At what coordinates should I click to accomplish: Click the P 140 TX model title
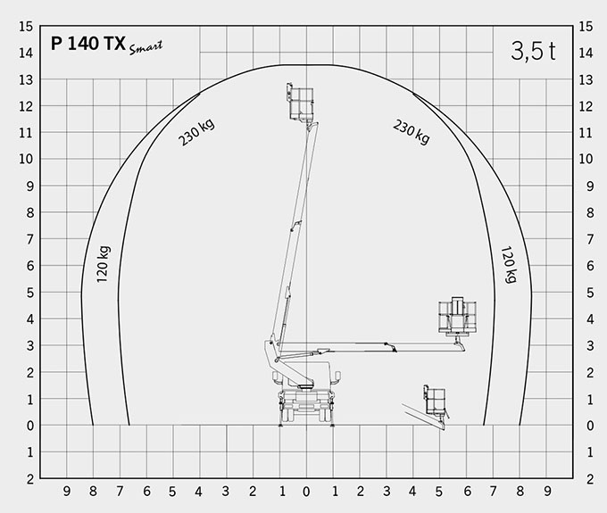[88, 44]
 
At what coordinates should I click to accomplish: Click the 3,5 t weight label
[533, 51]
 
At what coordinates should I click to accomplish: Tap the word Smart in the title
[146, 47]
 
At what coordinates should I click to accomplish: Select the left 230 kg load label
[196, 132]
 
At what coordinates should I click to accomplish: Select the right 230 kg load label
[412, 132]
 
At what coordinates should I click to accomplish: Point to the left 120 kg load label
[104, 264]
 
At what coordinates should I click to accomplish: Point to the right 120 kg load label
[509, 265]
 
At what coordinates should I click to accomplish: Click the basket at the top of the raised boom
[301, 102]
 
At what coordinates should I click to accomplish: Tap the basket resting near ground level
[435, 401]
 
